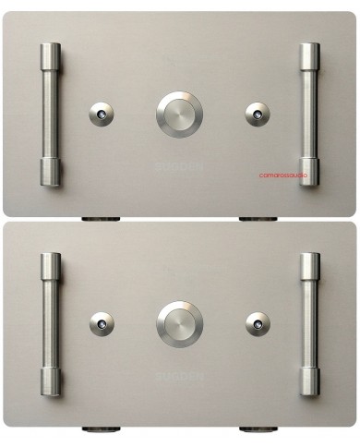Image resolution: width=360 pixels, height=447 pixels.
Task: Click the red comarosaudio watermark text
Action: pyautogui.click(x=284, y=175)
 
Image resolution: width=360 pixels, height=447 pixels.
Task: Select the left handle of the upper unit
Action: pyautogui.click(x=50, y=115)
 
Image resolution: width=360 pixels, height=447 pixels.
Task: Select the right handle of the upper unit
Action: pyautogui.click(x=308, y=115)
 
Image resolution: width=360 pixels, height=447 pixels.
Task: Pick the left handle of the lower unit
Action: pyautogui.click(x=50, y=324)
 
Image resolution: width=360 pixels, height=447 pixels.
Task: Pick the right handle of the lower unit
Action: pyautogui.click(x=308, y=324)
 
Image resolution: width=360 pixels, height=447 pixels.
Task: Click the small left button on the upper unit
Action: pyautogui.click(x=101, y=114)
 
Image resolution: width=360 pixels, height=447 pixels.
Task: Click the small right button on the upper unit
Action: pyautogui.click(x=258, y=114)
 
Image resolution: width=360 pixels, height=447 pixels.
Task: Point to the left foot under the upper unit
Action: pyautogui.click(x=101, y=219)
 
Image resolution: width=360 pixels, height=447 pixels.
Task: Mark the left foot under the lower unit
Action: pyautogui.click(x=101, y=429)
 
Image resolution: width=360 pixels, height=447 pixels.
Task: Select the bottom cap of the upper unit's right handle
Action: pyautogui.click(x=308, y=173)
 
